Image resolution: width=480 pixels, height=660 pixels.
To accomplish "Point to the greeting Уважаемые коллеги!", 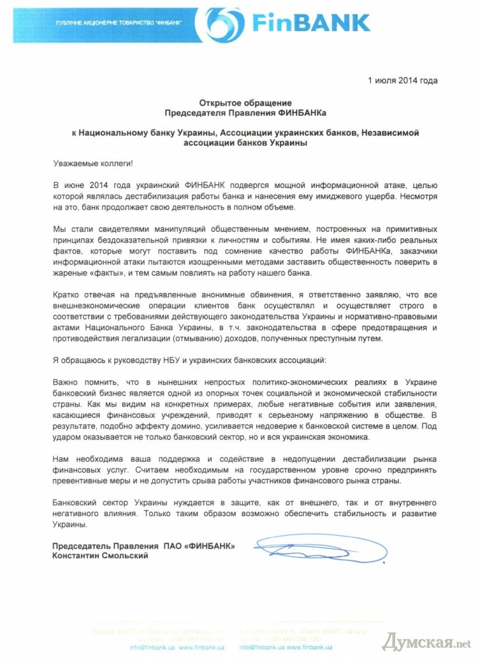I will pyautogui.click(x=92, y=162).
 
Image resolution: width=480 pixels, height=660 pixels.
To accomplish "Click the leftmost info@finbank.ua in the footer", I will pyautogui.click(x=152, y=646).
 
